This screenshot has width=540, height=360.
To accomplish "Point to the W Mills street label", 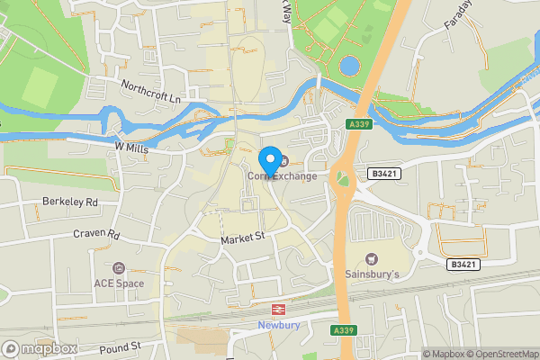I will (130, 147).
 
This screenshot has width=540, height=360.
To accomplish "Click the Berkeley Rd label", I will (69, 202).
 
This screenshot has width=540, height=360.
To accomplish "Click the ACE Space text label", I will (119, 283).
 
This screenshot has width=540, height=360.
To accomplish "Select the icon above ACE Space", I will (119, 268).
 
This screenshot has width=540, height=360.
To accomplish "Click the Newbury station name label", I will (278, 325).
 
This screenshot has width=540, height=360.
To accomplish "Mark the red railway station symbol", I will (279, 309).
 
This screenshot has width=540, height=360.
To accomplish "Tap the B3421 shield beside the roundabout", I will (382, 172).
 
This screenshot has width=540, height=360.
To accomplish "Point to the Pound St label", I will (121, 346).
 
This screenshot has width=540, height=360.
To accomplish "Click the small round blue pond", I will (348, 66).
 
